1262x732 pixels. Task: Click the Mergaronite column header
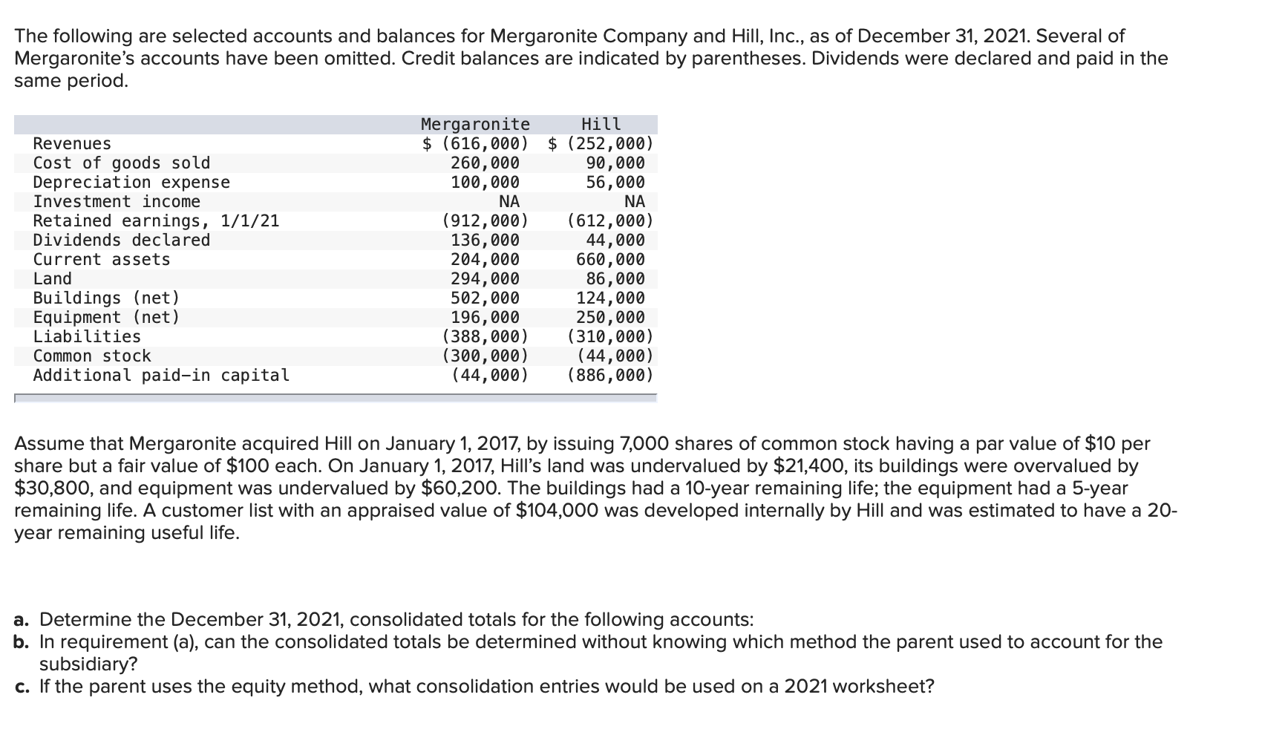click(x=475, y=124)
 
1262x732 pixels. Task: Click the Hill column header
click(x=601, y=124)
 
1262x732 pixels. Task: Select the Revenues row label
click(x=72, y=143)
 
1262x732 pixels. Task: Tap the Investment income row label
click(x=117, y=201)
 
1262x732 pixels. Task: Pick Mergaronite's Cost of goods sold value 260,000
click(x=485, y=163)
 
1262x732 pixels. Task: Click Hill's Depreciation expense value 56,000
click(x=615, y=182)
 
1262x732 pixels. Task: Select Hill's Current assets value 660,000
click(x=610, y=259)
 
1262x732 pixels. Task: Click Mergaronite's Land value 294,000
click(x=485, y=278)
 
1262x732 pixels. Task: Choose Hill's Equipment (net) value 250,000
click(x=610, y=317)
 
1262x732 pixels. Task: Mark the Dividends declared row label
click(x=122, y=240)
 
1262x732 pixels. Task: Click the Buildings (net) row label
click(x=107, y=298)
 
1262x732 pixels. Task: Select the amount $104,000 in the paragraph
click(x=555, y=511)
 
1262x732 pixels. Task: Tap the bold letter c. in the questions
click(x=23, y=686)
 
